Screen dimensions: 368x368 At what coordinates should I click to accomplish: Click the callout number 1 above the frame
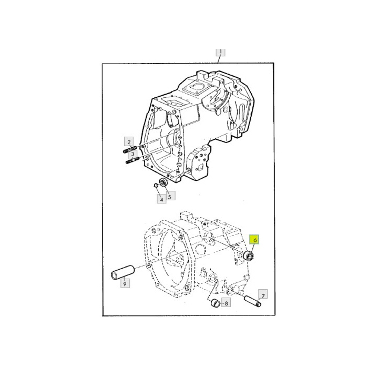220,52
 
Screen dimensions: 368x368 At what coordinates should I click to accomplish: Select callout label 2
129,141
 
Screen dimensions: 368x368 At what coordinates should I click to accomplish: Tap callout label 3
132,154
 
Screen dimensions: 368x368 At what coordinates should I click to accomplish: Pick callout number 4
161,199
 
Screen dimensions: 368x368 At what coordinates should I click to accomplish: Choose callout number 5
170,196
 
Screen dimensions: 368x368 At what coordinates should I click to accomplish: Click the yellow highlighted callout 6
254,240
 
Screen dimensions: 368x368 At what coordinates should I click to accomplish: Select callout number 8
226,303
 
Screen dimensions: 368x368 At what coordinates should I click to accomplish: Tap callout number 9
125,283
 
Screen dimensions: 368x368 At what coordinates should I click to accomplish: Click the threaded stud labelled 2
130,149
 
